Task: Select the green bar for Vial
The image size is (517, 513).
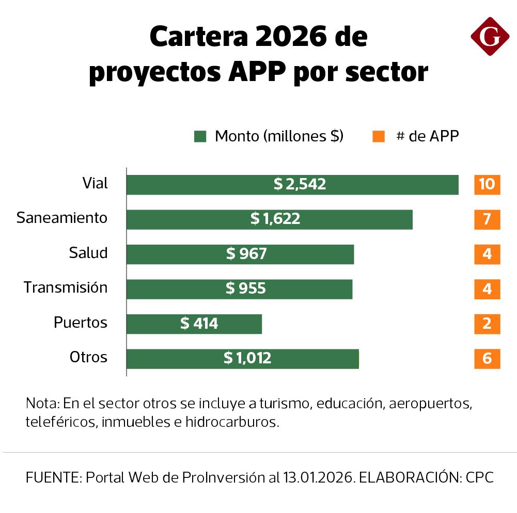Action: tap(292, 184)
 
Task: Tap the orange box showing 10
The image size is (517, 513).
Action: tap(487, 184)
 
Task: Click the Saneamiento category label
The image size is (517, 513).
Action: tap(62, 218)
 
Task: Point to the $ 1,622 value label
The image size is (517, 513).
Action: tap(275, 219)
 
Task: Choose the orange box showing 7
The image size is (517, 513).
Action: tap(487, 219)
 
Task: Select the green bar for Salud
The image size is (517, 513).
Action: tap(240, 254)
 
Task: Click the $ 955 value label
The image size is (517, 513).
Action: tap(246, 288)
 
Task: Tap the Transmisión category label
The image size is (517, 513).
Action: tap(66, 287)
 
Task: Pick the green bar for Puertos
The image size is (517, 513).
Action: tap(194, 324)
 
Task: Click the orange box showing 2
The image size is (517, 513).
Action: tap(487, 324)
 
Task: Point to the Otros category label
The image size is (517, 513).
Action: tap(88, 357)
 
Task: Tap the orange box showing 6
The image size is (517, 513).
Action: tap(487, 358)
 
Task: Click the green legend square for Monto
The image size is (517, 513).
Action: tap(200, 137)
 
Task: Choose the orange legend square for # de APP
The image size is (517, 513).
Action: tap(379, 137)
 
